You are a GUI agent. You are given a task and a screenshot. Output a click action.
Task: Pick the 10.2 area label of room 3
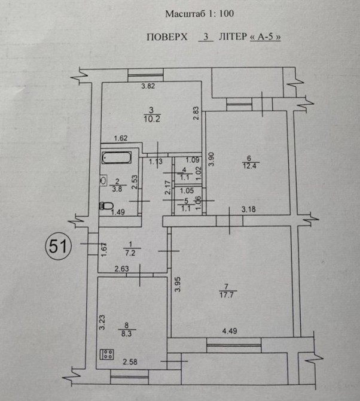pyautogui.click(x=151, y=118)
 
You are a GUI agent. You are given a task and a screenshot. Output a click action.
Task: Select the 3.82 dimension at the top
pyautogui.click(x=148, y=87)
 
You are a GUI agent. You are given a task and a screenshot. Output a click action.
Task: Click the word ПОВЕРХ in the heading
pyautogui.click(x=167, y=37)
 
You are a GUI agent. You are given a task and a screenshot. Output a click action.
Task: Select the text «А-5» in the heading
pyautogui.click(x=266, y=37)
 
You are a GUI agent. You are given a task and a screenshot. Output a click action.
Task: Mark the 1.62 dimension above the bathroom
pyautogui.click(x=121, y=138)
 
